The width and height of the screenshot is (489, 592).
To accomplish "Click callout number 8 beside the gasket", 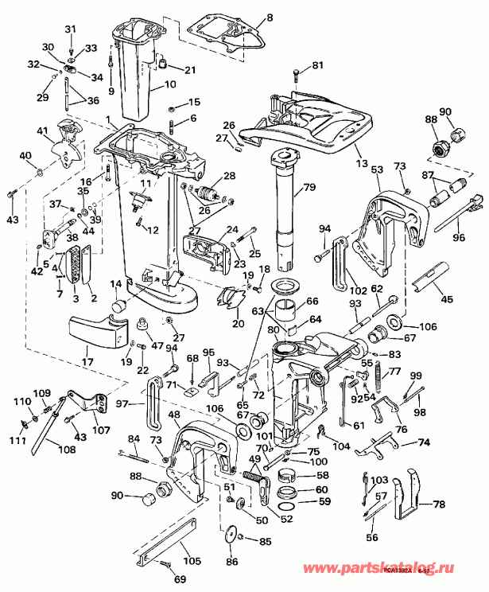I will [x=268, y=17].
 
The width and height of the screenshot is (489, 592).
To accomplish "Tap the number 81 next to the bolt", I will [x=317, y=64].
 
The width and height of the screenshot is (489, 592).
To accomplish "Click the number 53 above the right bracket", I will [x=376, y=169].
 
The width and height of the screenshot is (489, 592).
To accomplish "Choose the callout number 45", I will [x=446, y=299].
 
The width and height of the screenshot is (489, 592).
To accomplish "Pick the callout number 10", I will [x=169, y=84].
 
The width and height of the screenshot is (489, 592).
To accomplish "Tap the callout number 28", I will [x=229, y=176].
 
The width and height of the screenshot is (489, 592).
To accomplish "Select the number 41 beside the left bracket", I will [x=42, y=130].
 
